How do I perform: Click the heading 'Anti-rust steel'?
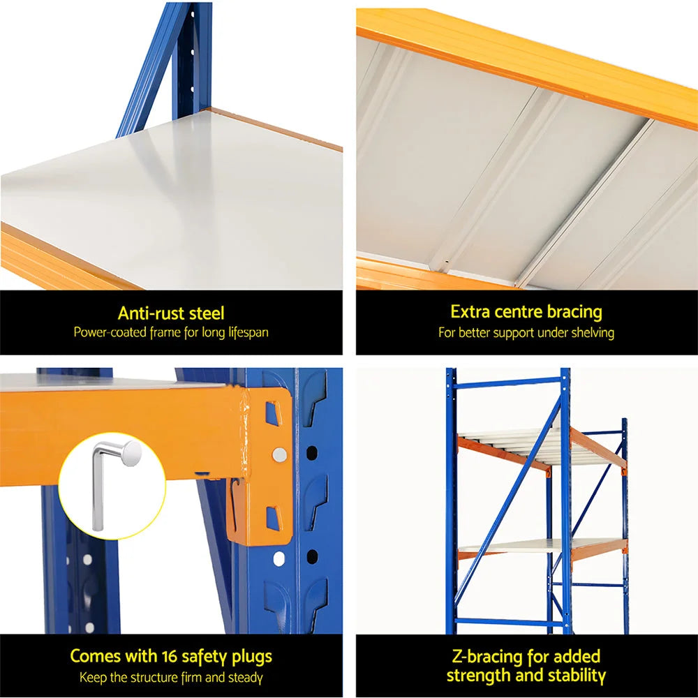click(x=171, y=313)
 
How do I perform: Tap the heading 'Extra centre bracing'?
click(x=526, y=311)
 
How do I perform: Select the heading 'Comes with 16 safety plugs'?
click(x=171, y=656)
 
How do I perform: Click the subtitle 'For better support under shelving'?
click(x=526, y=333)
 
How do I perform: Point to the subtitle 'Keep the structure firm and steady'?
click(x=171, y=677)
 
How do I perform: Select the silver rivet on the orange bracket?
click(x=279, y=454)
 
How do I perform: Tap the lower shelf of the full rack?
click(x=517, y=547)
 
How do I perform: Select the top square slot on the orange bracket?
click(x=272, y=413)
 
